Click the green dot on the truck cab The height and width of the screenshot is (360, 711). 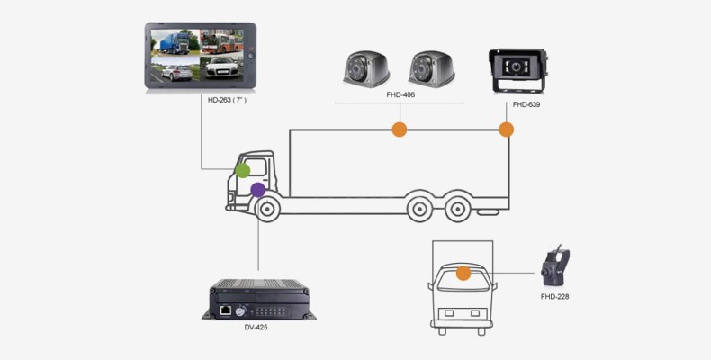(x=242, y=169)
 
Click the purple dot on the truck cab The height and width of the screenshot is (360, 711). (x=258, y=190)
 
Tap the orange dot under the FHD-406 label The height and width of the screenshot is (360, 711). (x=399, y=130)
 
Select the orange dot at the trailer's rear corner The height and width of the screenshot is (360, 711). (x=506, y=130)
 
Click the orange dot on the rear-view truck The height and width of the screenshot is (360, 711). (x=463, y=273)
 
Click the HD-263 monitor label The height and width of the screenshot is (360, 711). (x=227, y=100)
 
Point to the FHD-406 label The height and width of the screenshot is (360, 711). (x=400, y=94)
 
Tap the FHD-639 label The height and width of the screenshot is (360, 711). (x=526, y=105)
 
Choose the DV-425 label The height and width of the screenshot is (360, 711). (x=256, y=327)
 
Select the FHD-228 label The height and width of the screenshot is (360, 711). (x=554, y=296)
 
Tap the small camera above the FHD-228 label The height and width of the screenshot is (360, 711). (x=553, y=267)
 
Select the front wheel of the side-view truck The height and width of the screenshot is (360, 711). (x=266, y=210)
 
